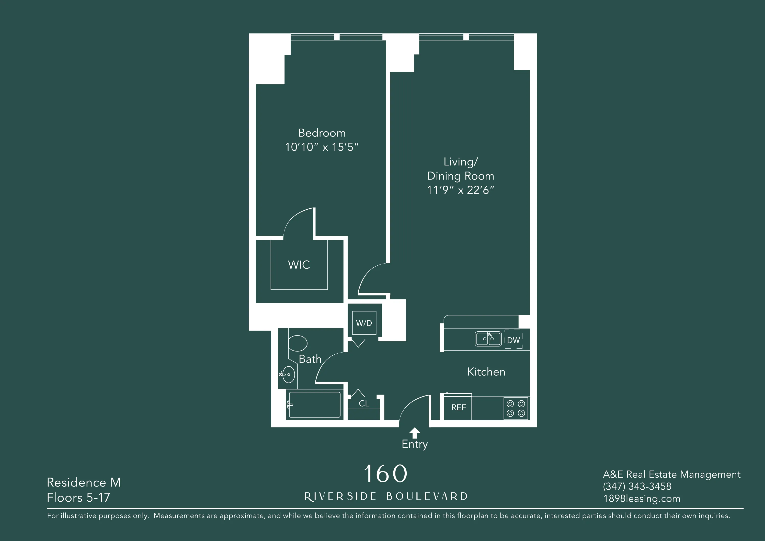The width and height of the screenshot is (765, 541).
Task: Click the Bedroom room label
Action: pos(322,133)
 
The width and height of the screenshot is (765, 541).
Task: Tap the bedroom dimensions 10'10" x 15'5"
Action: pos(322,147)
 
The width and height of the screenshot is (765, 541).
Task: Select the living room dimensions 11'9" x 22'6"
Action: pos(461,190)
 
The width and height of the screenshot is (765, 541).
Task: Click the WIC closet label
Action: pos(299,265)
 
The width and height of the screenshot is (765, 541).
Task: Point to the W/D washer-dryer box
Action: pos(364,323)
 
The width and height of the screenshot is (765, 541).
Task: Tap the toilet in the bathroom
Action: pos(297,343)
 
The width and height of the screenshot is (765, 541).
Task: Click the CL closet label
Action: pos(364,403)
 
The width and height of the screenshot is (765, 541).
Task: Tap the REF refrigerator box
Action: pos(459,407)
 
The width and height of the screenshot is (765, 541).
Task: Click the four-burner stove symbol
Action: pos(516,408)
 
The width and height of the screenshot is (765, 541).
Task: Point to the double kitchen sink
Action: pos(488,339)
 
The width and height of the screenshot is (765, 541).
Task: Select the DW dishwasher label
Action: pos(513,340)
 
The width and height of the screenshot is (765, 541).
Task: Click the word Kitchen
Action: pos(486,372)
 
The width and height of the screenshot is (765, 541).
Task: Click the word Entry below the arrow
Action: pos(415,444)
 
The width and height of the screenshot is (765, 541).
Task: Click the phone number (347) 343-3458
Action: pos(637,486)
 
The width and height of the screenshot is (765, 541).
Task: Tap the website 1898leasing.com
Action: pos(641,499)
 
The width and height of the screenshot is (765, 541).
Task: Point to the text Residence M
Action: pos(84,482)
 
